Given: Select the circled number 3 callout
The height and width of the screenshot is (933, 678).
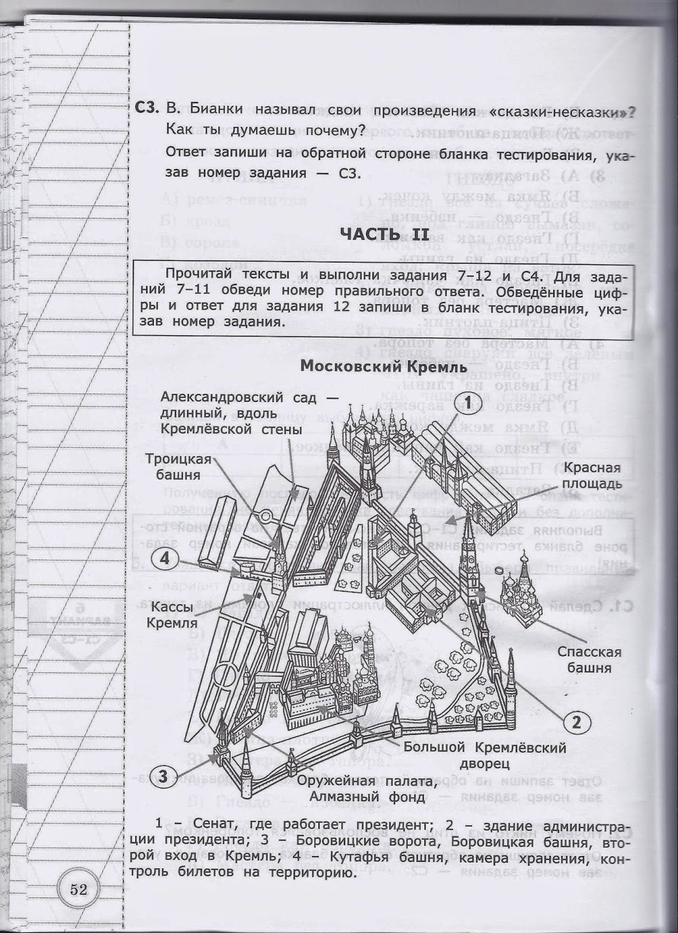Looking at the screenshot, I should (x=164, y=776).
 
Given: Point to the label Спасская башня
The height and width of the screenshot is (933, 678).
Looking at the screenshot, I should (x=589, y=660).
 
